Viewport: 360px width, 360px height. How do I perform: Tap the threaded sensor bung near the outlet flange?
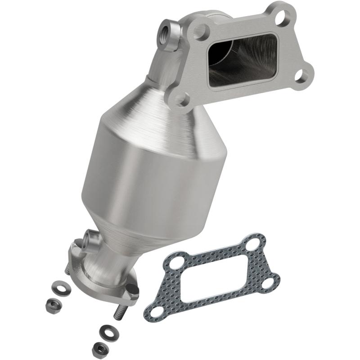[90, 237]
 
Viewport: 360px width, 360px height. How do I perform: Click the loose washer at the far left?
[58, 286]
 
